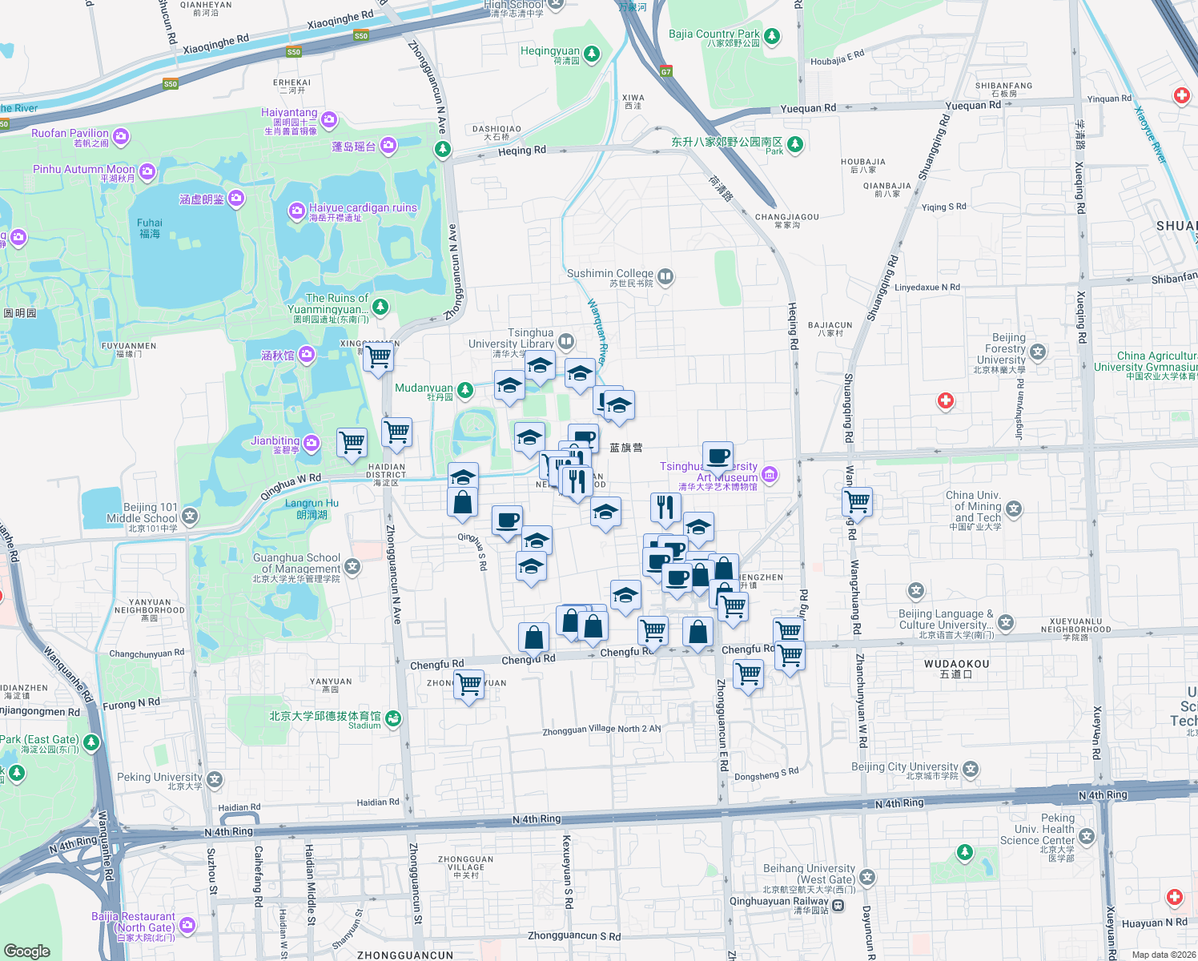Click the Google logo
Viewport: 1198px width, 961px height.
[27, 951]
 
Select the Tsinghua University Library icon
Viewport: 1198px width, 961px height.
[566, 342]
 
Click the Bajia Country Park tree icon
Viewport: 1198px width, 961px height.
[772, 36]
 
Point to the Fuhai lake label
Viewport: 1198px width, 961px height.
[150, 228]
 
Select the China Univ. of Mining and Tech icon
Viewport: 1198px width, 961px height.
[1015, 508]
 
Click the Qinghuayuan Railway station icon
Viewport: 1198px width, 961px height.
[838, 905]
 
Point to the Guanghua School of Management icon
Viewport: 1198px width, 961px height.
[352, 567]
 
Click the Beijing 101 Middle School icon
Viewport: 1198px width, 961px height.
[190, 516]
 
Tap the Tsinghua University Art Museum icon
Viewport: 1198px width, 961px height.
[770, 474]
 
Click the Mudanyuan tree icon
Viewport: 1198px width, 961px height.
[464, 390]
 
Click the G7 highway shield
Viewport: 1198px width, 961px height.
[666, 71]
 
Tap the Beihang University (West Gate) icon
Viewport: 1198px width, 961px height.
[867, 877]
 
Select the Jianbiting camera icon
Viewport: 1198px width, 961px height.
[312, 442]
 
